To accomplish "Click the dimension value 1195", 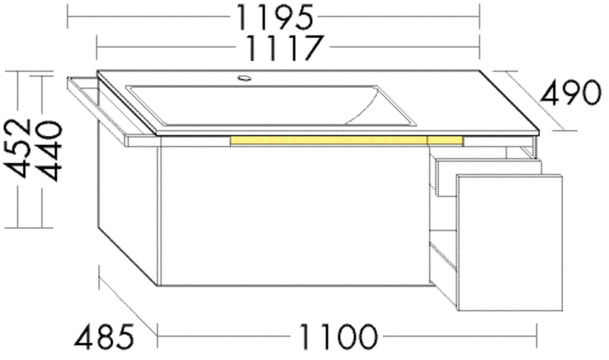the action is pos(274,18).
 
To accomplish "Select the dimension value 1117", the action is pos(283,48).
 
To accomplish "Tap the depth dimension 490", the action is pos(571,93).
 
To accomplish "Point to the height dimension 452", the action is pos(18,148).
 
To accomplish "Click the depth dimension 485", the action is pos(104,337).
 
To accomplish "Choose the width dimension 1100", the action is pos(338,336).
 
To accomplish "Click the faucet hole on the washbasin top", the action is pos(244,78).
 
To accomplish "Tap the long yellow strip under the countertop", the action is pos(329,140).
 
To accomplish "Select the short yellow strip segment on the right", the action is pos(445,141).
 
